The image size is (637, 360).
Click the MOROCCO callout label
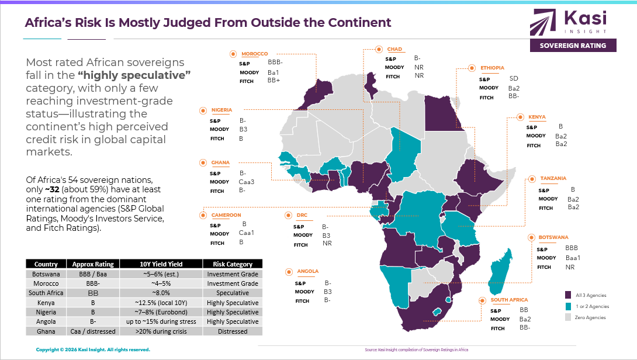click(x=255, y=54)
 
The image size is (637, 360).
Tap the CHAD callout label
click(x=394, y=50)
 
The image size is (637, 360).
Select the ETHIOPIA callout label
click(x=492, y=68)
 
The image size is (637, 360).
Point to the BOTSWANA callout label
click(x=553, y=238)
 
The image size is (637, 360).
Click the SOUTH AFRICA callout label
click(x=508, y=300)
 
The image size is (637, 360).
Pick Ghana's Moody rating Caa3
click(x=247, y=182)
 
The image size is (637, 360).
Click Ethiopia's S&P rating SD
click(x=513, y=78)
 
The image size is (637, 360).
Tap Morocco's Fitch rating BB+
click(x=274, y=81)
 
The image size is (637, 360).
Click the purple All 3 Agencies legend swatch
click(x=568, y=295)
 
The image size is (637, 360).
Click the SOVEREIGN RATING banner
click(x=573, y=46)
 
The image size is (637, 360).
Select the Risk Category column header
click(x=233, y=264)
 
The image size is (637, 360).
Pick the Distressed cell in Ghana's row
click(x=233, y=331)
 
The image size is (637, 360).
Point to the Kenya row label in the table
click(x=46, y=303)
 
